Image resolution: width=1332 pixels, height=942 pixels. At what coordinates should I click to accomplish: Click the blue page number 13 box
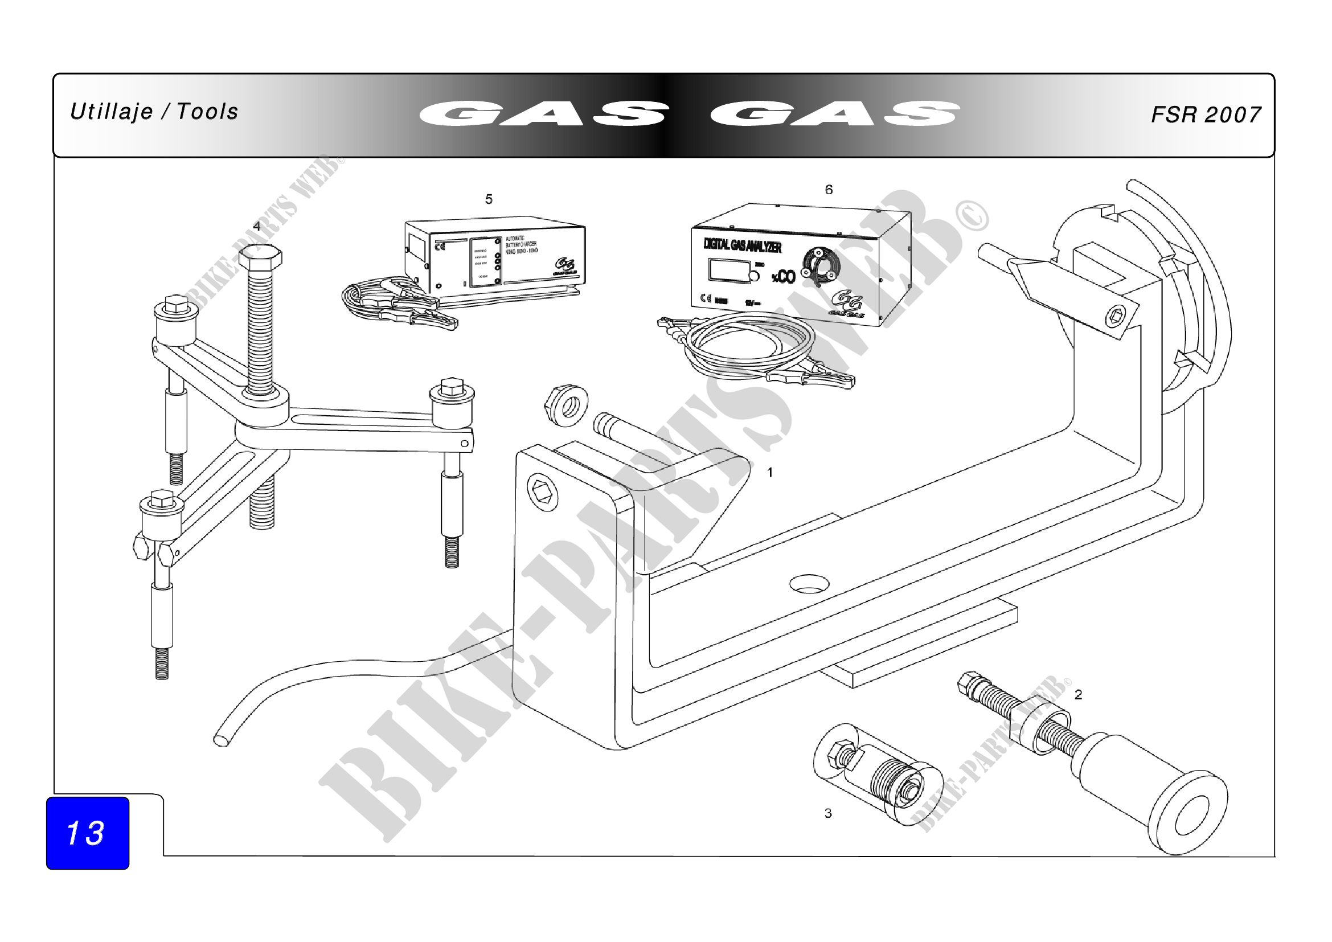[x=88, y=833]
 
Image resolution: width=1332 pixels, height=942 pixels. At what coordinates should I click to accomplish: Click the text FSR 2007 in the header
[x=1206, y=115]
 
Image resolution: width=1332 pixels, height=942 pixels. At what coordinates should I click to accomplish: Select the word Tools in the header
[x=207, y=112]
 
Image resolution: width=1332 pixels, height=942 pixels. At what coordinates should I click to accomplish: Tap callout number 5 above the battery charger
[x=489, y=199]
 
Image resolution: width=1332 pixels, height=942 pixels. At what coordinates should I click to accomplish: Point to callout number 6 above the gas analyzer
[x=829, y=190]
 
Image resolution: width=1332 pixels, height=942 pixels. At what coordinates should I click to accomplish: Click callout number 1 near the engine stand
[x=770, y=473]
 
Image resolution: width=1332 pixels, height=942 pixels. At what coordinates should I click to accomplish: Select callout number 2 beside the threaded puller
[x=1078, y=694]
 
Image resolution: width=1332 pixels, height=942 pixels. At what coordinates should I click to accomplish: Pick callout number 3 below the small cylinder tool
[x=828, y=813]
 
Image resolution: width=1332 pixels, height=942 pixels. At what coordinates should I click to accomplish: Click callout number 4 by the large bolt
[x=256, y=226]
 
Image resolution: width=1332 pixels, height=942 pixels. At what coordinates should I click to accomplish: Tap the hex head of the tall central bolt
[x=260, y=257]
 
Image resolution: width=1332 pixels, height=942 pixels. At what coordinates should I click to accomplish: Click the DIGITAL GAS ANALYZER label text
[x=742, y=245]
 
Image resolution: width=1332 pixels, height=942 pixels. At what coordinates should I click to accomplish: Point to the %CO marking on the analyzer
[x=783, y=277]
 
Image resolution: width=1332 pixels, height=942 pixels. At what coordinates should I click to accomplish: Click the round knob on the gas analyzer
[x=818, y=266]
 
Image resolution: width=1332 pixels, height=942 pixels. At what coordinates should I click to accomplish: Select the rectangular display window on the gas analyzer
[x=727, y=271]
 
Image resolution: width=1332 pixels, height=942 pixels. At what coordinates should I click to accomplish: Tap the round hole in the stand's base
[x=809, y=584]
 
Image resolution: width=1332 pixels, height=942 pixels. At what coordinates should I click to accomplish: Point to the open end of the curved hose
[x=221, y=740]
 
